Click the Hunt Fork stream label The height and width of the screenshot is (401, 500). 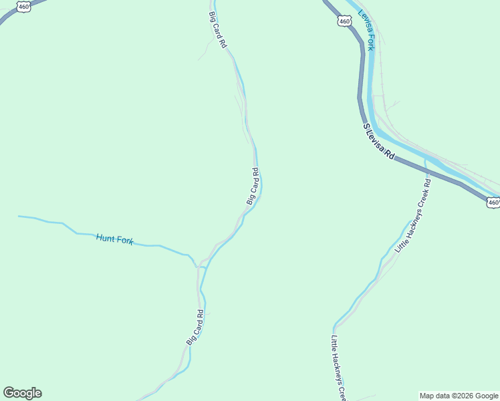115,239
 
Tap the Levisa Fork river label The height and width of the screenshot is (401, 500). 367,30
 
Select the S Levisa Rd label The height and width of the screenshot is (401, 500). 379,141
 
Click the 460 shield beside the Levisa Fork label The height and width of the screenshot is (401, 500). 345,21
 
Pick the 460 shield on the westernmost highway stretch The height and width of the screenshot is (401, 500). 23,7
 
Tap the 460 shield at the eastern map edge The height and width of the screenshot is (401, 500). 493,203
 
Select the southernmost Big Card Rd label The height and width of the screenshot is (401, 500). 195,327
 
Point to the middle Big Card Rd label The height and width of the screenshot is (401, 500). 253,186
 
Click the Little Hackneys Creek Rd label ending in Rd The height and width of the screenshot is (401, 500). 413,215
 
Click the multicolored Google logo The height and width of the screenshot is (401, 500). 22,393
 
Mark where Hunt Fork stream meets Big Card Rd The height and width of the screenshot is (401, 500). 198,266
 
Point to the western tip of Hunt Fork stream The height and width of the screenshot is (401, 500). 19,216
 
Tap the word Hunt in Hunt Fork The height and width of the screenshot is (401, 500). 106,237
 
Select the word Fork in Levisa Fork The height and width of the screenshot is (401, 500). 371,41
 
